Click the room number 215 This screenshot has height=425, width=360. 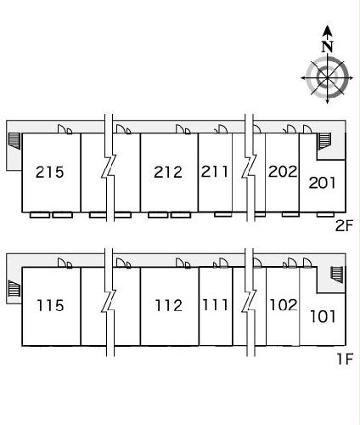point(50,173)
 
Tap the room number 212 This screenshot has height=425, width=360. point(168,173)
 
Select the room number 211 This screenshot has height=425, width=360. point(215,172)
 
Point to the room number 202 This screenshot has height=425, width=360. point(283,172)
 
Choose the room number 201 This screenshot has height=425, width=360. point(322,183)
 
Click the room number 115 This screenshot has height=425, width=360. point(50,305)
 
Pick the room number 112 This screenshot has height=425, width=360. point(169,305)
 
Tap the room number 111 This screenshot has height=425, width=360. point(216,305)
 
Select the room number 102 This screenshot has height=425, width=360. point(284,305)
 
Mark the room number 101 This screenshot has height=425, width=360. point(323,316)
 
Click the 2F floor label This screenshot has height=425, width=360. point(344,226)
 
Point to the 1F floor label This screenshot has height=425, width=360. point(345,359)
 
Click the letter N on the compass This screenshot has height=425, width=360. point(328,47)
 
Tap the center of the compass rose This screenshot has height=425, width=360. point(327,77)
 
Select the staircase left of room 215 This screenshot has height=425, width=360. point(14,141)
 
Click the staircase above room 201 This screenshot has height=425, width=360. point(325,141)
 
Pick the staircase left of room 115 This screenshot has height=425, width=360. point(14,288)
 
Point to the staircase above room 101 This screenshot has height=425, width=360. point(337,275)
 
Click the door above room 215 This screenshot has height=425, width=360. point(65,129)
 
